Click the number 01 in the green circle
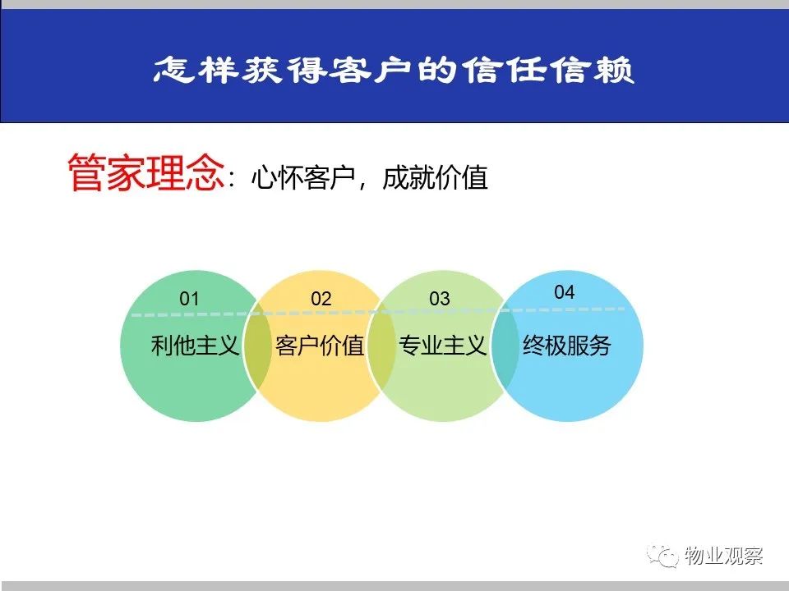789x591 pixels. point(189,299)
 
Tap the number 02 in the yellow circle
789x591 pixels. point(321,299)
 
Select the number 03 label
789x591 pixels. point(439,299)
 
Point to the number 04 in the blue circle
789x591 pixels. point(564,292)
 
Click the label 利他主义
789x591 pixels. point(195,346)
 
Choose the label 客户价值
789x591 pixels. point(320,346)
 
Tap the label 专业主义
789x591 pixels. point(442,346)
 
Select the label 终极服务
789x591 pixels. point(567,346)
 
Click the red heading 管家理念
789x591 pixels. point(146,172)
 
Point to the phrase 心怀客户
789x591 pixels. point(303,177)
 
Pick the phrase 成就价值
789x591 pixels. point(436,177)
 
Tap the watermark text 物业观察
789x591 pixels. point(723,556)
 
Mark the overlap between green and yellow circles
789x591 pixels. point(257,346)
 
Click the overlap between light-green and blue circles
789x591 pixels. point(505,346)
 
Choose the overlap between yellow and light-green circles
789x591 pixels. point(382,346)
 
